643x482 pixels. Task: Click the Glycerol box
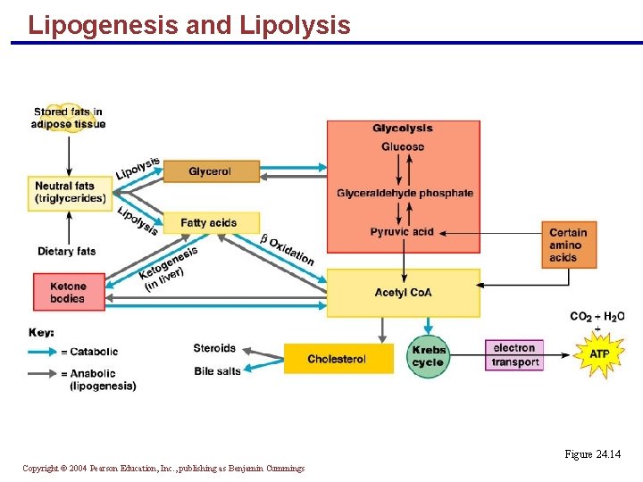point(211,171)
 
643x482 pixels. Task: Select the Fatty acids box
point(211,222)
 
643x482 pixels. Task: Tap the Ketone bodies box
point(69,292)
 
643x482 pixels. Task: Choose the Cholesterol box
point(338,359)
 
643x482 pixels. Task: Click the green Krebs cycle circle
point(429,356)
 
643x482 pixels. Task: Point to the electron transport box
point(515,354)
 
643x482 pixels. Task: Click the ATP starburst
point(599,354)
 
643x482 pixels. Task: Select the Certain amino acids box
point(568,245)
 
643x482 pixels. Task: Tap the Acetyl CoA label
point(403,293)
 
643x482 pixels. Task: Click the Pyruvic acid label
point(402,232)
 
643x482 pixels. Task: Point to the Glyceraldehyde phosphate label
point(405,193)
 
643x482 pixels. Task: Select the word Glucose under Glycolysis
point(403,146)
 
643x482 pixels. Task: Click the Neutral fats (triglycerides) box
point(71,192)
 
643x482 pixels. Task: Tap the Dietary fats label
point(66,252)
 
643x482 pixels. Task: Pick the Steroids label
point(214,348)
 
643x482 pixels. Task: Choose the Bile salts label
point(217,370)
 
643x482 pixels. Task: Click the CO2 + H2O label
point(597,316)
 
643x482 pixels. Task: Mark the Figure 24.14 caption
point(592,455)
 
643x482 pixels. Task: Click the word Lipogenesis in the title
point(103,25)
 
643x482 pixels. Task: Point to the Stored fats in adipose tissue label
point(68,118)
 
